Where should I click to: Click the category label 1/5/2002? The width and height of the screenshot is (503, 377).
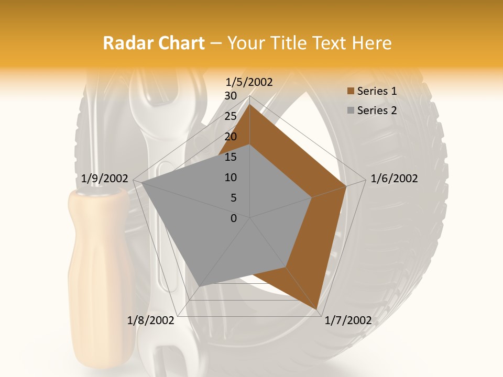pos(249,82)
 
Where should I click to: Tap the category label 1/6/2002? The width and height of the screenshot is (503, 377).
pos(394,179)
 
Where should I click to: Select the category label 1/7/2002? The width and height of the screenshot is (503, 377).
pos(348,320)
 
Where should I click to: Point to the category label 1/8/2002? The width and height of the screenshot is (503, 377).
pos(151,320)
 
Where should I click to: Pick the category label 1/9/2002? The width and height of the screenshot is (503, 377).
pos(105,179)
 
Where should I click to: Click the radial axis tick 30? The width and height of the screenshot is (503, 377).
pos(231,96)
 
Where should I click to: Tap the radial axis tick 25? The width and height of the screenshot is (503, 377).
pos(231,116)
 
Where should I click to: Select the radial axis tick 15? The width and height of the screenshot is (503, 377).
pos(231,157)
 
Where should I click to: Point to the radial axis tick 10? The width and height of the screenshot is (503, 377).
pos(231,178)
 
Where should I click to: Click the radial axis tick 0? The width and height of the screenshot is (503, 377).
pos(234,218)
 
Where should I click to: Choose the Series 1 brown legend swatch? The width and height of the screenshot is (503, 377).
pos(351,91)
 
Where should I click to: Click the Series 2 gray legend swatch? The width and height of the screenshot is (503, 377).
pos(351,110)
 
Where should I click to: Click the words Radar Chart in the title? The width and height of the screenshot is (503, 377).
pos(154,43)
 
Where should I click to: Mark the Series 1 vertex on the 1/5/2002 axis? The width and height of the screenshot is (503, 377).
pos(250,104)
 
